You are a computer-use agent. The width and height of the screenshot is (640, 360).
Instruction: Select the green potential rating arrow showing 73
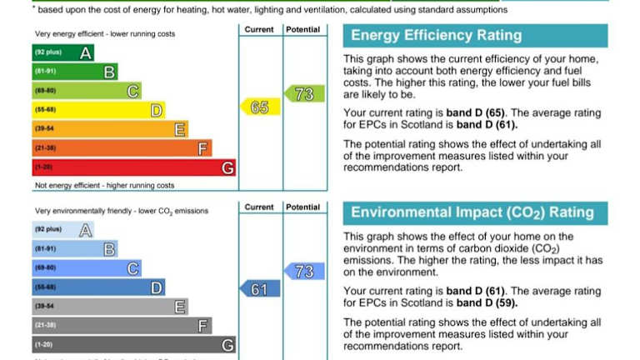tap(302, 93)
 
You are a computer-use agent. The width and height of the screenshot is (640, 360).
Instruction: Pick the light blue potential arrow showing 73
tap(302, 272)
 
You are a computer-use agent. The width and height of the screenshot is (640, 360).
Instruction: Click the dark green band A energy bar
tap(62, 53)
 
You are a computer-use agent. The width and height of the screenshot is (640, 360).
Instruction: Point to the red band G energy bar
tap(133, 167)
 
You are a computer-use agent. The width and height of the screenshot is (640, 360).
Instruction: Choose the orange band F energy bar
tap(121, 148)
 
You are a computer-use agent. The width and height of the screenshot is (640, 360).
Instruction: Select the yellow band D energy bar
tap(97, 110)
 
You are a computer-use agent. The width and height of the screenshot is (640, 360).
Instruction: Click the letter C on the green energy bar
tap(132, 91)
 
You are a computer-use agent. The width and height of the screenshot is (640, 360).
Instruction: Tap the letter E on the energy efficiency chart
tap(180, 129)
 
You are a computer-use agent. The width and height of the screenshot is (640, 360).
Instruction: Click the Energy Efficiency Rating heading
tap(436, 36)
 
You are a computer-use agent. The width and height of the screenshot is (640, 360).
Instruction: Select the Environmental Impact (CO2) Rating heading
tap(472, 212)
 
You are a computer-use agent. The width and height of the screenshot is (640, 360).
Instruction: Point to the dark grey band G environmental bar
tap(133, 344)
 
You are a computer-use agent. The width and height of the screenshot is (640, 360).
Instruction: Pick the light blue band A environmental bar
tap(62, 230)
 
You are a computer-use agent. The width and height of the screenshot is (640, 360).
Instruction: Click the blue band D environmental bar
tap(97, 287)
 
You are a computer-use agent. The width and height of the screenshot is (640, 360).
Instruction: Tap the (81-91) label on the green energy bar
tap(45, 72)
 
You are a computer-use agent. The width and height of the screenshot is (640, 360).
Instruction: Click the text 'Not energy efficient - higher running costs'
tap(104, 185)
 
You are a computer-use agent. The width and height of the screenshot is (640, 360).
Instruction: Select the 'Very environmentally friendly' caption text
tap(92, 211)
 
